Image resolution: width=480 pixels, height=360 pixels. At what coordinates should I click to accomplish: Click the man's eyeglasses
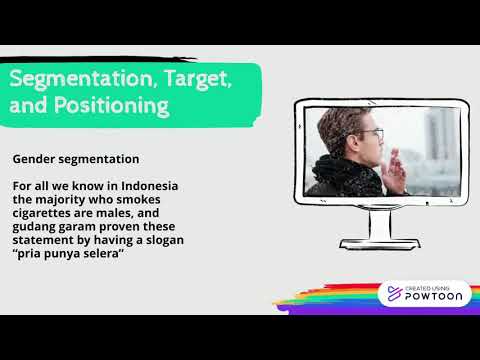click(370, 133)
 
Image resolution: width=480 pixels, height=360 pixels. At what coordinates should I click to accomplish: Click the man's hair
click(346, 122)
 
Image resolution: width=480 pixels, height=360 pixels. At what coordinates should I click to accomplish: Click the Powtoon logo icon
click(392, 294)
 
